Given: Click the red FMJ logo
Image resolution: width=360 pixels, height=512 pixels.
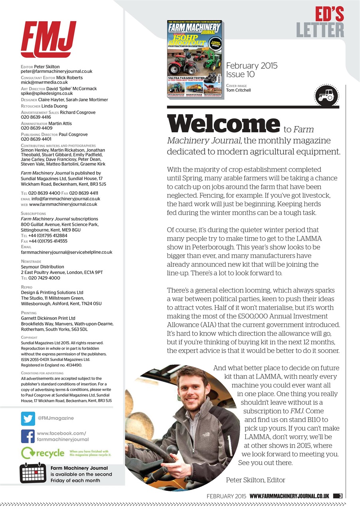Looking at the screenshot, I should click(48, 40).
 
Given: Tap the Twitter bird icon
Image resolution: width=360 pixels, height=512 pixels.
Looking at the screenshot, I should click(28, 418).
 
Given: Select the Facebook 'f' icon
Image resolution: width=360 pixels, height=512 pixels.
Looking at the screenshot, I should click(28, 436).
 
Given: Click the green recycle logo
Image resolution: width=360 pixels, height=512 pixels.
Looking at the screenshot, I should click(43, 453).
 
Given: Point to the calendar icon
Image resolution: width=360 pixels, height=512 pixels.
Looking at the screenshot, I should click(34, 473).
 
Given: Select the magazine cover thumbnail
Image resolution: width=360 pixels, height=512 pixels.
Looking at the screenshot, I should click(195, 59).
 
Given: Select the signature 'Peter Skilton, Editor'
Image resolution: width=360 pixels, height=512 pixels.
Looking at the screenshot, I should click(255, 480).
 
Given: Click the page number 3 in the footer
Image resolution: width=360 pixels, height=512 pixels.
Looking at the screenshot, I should click(340, 496).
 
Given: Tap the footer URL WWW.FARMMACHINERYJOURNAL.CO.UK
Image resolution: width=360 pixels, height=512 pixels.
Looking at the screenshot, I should click(289, 496).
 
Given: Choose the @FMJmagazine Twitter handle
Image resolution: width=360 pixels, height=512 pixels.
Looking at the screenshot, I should click(56, 418).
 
